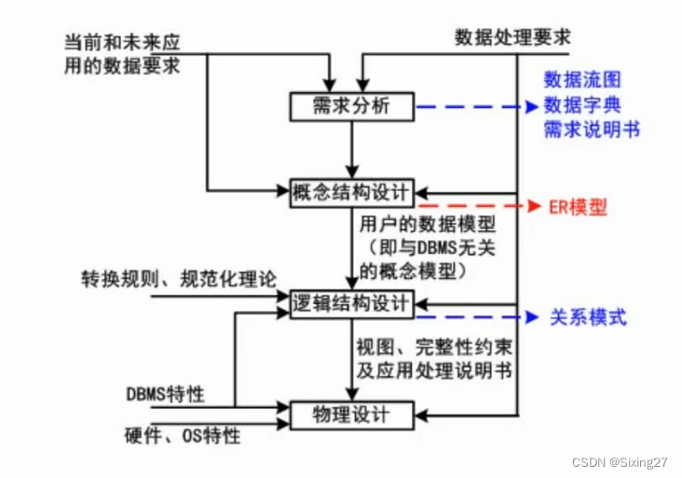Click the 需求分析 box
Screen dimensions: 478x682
[x=351, y=107]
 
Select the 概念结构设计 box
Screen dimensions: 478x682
[x=351, y=193]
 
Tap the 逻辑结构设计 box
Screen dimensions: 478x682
[x=351, y=304]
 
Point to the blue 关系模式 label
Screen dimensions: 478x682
[x=586, y=318]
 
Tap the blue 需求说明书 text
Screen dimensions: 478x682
[x=592, y=129]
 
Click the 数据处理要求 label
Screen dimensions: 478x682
[x=512, y=38]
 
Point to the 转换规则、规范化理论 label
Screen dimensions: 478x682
[x=178, y=279]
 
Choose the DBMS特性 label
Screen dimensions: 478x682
[x=165, y=394]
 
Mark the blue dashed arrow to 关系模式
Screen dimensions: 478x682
[x=475, y=317]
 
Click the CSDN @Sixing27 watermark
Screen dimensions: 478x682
[x=621, y=460]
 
